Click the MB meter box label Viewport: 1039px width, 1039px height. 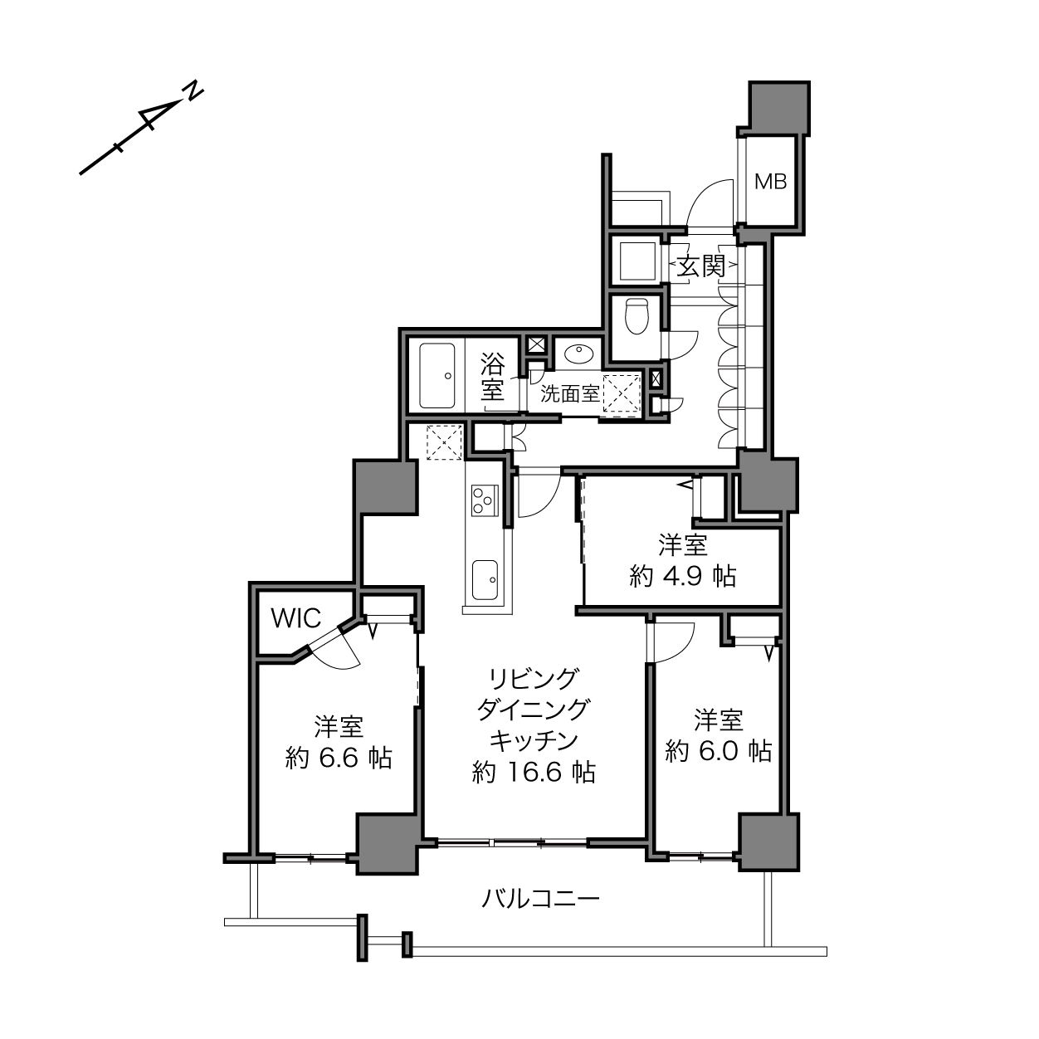[x=770, y=182]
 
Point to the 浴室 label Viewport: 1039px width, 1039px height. [x=492, y=376]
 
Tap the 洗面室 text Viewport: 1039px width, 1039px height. [x=570, y=393]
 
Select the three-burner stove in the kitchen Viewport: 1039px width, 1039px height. [x=485, y=500]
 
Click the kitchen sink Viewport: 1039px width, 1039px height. [x=485, y=579]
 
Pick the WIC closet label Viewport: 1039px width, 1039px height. [x=296, y=618]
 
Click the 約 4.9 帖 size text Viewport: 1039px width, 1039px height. [x=682, y=577]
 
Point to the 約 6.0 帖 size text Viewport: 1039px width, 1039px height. [x=718, y=750]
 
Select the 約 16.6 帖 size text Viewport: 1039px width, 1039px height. [x=534, y=772]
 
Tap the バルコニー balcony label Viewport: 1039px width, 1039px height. [x=540, y=899]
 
